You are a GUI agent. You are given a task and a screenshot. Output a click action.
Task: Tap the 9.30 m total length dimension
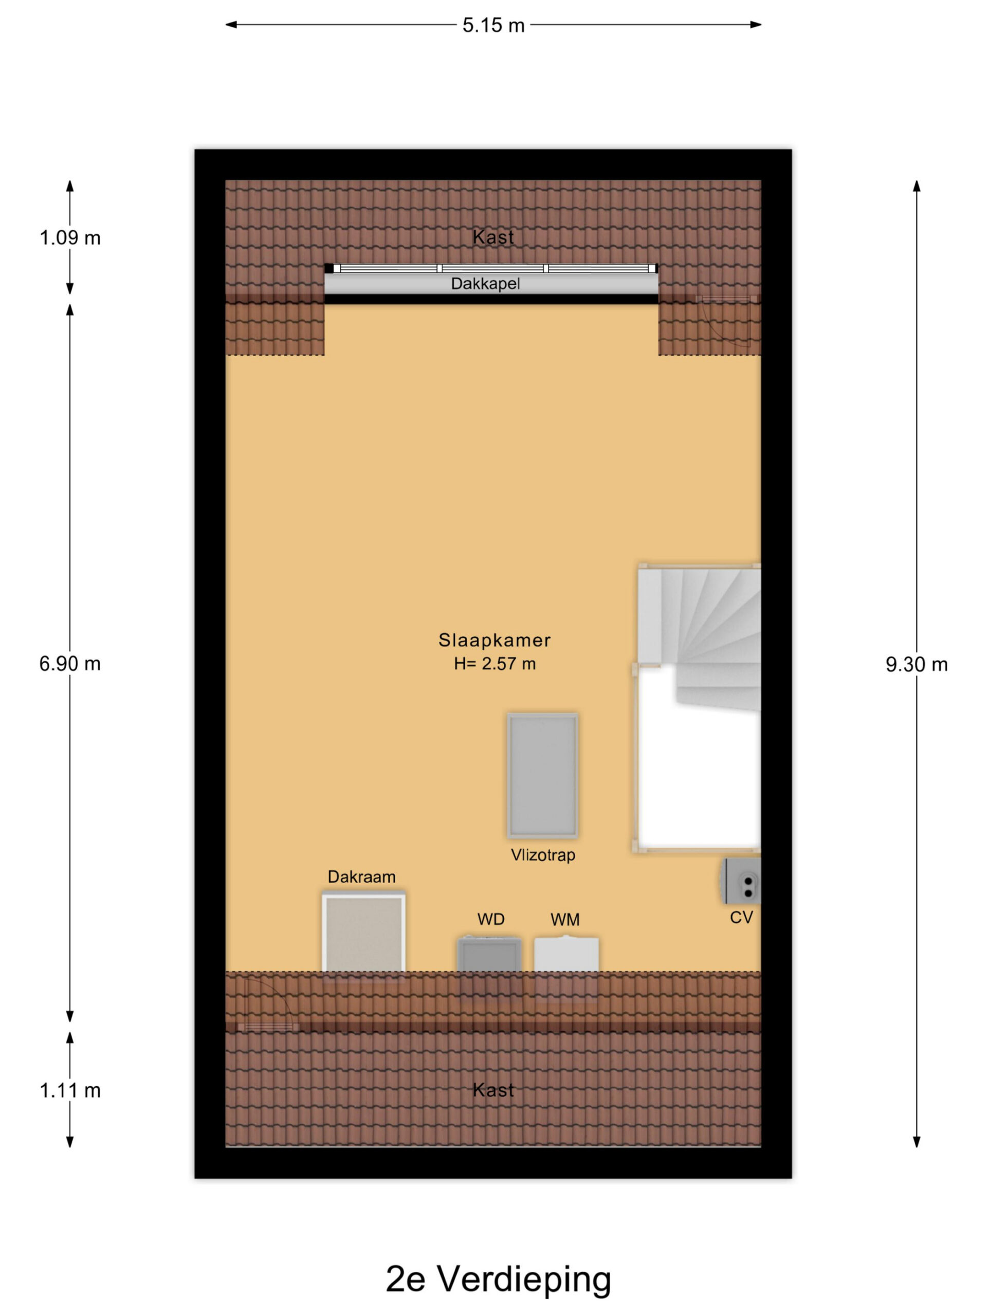coord(916,664)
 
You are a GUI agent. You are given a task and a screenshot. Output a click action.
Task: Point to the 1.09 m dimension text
coord(69,238)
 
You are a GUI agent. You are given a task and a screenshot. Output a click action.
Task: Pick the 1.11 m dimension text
coord(69,1090)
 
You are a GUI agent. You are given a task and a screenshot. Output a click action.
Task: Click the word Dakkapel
coord(485,284)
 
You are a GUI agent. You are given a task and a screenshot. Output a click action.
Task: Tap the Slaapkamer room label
coord(495,640)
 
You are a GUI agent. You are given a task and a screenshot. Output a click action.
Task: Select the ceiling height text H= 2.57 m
coord(495,663)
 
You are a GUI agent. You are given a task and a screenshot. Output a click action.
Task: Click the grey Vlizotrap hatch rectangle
coord(542,775)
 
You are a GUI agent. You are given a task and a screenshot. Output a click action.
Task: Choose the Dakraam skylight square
coord(363,934)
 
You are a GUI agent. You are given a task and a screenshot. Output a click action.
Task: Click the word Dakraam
coord(362,877)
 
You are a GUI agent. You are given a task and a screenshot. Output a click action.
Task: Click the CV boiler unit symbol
coord(740,881)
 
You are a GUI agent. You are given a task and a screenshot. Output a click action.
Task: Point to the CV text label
coord(741,918)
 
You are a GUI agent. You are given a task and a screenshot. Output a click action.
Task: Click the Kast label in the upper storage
coord(493,237)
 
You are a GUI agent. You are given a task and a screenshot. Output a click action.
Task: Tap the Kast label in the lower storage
coord(493,1090)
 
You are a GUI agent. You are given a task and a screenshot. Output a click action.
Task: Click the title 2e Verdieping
coord(499,1278)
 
